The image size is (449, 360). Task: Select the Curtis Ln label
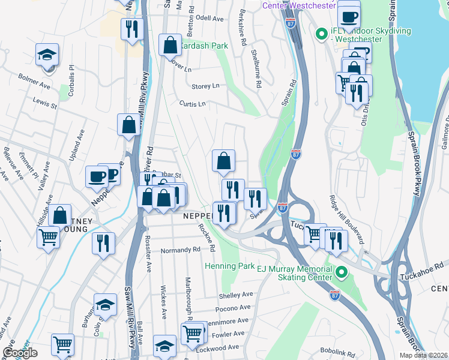(x=192, y=104)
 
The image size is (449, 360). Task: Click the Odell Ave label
(x=209, y=19)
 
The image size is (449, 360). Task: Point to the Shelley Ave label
(x=237, y=295)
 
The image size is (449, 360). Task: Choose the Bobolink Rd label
(x=339, y=354)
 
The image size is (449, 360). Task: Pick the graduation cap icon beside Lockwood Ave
(x=164, y=345)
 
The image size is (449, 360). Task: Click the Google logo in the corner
(x=20, y=353)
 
